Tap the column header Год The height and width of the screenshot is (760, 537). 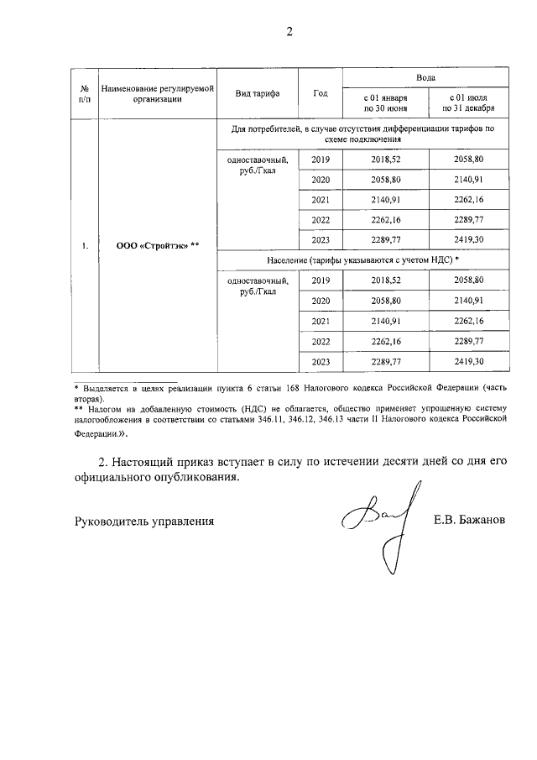tap(320, 92)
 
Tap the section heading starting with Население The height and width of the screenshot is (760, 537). tap(351, 262)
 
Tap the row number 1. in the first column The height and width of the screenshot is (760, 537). tap(84, 246)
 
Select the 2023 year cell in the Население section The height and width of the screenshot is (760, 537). tap(320, 362)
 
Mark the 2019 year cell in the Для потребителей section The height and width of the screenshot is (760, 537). tap(320, 160)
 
